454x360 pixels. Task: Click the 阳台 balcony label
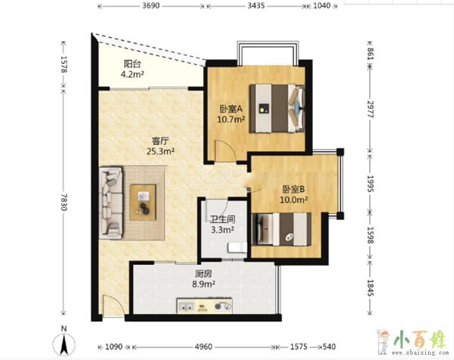click(x=132, y=64)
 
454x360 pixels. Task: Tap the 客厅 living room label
click(x=161, y=141)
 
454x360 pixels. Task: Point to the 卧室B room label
click(x=293, y=190)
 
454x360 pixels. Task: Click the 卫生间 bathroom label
click(x=222, y=219)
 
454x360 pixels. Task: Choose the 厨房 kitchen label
click(x=203, y=274)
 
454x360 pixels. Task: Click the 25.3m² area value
click(x=161, y=151)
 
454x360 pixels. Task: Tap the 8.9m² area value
click(x=203, y=284)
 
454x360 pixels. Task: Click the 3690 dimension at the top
click(x=151, y=5)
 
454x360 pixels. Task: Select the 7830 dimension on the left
click(x=64, y=202)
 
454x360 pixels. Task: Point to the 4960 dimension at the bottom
click(x=203, y=347)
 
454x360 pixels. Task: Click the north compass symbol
click(x=64, y=342)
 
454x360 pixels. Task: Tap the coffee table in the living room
click(x=143, y=202)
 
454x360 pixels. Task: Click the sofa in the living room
click(x=111, y=203)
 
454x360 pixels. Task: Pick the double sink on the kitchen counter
click(x=186, y=306)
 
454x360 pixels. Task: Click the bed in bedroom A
click(x=277, y=108)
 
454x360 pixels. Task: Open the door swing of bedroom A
click(x=225, y=151)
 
